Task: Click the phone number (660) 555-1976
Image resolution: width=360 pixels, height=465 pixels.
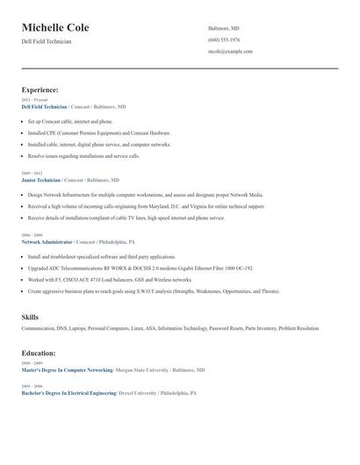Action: click(x=224, y=39)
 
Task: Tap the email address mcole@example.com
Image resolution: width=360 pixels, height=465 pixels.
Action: click(x=230, y=51)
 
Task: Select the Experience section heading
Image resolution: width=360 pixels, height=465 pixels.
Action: click(x=40, y=89)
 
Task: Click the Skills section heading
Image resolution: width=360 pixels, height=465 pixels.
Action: click(x=30, y=317)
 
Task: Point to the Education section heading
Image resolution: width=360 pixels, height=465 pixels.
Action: click(x=39, y=353)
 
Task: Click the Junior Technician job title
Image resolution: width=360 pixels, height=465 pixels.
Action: click(x=41, y=179)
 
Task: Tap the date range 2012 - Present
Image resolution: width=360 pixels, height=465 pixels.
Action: click(x=34, y=100)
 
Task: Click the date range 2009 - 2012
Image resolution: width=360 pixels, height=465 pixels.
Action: click(x=32, y=174)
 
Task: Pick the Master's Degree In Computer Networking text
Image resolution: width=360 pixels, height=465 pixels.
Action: click(x=68, y=370)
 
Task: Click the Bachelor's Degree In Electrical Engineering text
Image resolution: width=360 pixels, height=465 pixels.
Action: click(x=68, y=393)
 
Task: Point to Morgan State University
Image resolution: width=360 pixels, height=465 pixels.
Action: click(x=144, y=370)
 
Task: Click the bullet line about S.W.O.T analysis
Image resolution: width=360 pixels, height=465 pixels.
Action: click(x=154, y=290)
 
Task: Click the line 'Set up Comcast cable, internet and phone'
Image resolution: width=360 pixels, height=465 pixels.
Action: click(x=70, y=121)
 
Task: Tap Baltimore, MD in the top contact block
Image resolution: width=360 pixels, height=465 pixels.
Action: click(x=223, y=28)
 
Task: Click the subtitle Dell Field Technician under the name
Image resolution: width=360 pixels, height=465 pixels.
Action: click(x=47, y=41)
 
